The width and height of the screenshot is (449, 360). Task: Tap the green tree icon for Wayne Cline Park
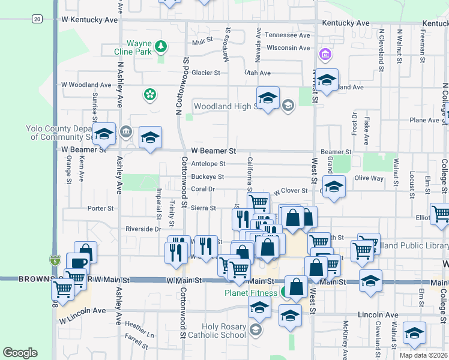160,46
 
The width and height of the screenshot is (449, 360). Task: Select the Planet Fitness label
251,293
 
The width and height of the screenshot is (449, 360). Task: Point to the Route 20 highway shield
37,19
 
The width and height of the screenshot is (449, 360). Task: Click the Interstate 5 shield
55,260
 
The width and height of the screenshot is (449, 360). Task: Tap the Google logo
20,353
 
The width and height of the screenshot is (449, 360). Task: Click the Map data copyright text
423,355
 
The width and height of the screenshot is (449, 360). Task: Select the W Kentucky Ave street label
90,20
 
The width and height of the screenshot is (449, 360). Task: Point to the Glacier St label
206,73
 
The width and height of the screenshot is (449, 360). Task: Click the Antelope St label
208,163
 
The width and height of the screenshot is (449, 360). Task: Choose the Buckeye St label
207,176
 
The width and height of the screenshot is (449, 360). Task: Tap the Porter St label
100,209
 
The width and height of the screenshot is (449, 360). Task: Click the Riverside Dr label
143,229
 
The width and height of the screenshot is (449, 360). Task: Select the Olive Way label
369,178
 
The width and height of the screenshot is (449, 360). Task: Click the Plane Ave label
424,120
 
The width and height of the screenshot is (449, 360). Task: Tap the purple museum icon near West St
326,55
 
